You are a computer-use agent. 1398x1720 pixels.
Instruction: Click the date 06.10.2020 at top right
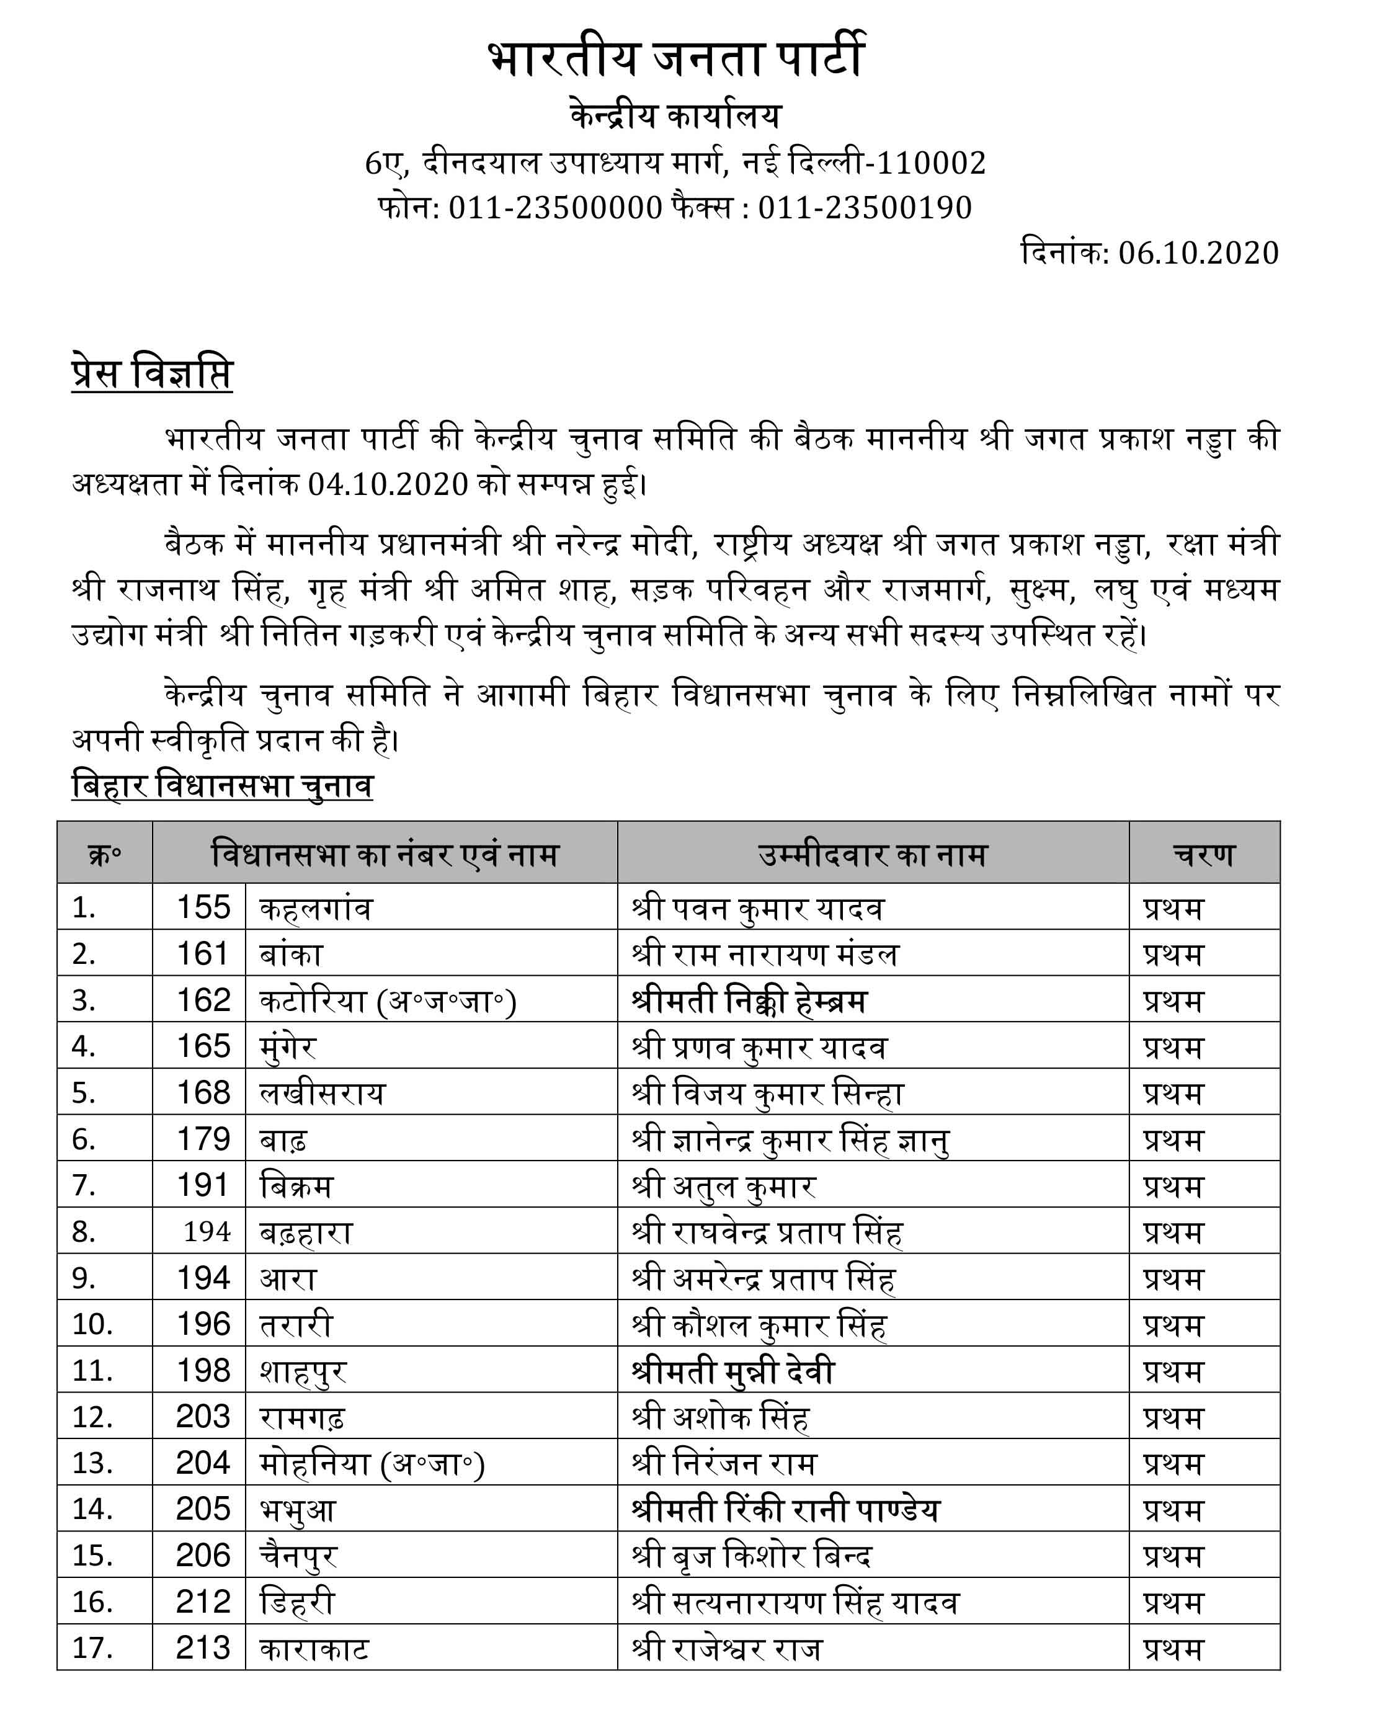tap(1198, 253)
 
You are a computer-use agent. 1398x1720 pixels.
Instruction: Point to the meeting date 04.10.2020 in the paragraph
tap(388, 484)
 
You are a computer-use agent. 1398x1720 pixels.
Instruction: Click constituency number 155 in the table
tap(203, 907)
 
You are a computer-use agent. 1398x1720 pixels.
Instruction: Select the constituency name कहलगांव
tap(316, 908)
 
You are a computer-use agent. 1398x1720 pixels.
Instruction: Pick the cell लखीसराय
tap(322, 1094)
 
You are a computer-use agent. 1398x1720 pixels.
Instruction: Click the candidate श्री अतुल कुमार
tap(724, 1186)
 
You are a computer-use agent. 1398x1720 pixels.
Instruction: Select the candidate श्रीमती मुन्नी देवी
tap(733, 1371)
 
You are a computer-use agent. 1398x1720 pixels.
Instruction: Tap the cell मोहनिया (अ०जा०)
tap(372, 1464)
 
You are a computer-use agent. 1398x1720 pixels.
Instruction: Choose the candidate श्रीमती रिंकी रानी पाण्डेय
tap(786, 1510)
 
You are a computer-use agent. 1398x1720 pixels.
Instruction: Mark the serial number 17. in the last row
tap(92, 1648)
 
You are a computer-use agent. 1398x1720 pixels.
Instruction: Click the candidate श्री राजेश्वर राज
tap(727, 1648)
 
